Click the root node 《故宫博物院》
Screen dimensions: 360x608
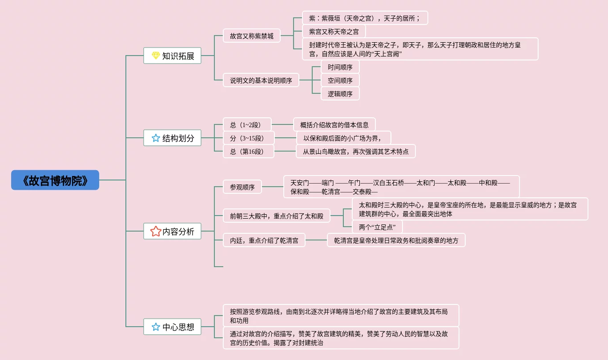pyautogui.click(x=55, y=180)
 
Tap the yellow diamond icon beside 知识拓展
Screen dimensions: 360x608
pyautogui.click(x=156, y=56)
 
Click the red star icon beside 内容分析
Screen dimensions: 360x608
pyautogui.click(x=156, y=232)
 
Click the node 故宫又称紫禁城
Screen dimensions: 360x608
pyautogui.click(x=252, y=36)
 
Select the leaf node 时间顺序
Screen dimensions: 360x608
pyautogui.click(x=340, y=67)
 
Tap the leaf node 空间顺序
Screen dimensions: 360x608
pyautogui.click(x=340, y=80)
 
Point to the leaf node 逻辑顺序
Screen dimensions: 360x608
pyautogui.click(x=340, y=94)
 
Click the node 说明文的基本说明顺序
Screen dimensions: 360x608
pyautogui.click(x=261, y=80)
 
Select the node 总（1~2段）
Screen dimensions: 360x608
pyautogui.click(x=247, y=125)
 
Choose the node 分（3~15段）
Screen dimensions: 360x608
pyautogui.click(x=249, y=138)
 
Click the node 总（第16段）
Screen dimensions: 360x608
pyautogui.click(x=249, y=152)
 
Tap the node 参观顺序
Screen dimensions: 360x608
pyautogui.click(x=242, y=187)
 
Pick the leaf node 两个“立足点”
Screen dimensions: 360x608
pyautogui.click(x=377, y=227)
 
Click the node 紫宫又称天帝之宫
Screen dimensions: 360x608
pyautogui.click(x=334, y=32)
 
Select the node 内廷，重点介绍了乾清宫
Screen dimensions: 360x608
pyautogui.click(x=264, y=240)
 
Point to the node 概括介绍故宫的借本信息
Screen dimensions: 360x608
pyautogui.click(x=334, y=125)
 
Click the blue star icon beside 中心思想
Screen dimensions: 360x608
pyautogui.click(x=156, y=327)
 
